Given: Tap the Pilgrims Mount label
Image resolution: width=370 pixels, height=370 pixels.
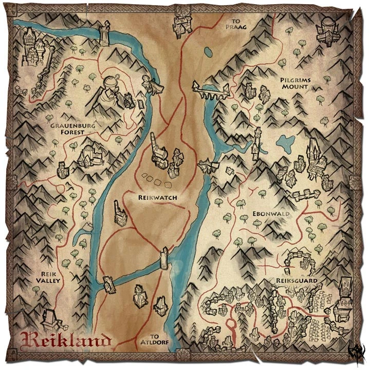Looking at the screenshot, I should point(294,84).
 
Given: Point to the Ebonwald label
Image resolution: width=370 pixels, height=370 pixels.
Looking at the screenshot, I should point(271,213).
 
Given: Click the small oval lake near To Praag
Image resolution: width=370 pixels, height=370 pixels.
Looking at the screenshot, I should point(208,52).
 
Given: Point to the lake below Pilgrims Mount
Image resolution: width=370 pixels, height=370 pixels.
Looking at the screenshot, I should point(283,141).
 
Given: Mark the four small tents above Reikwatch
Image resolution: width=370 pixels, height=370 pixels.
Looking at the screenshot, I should point(156,180).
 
